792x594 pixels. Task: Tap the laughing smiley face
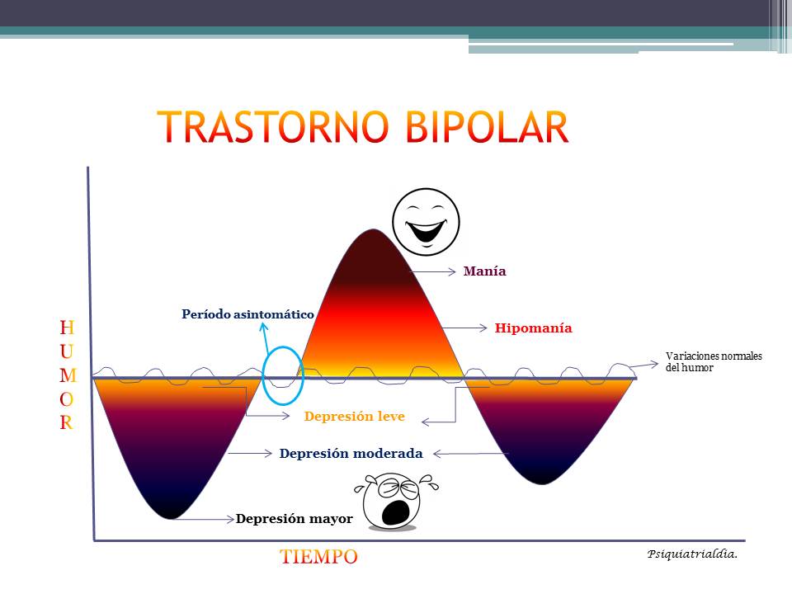coord(426,221)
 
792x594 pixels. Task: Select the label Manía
coord(484,271)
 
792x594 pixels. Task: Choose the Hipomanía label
coord(533,328)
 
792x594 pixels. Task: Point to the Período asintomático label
coord(247,314)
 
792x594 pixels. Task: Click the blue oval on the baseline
coord(283,376)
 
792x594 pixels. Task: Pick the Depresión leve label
coord(354,417)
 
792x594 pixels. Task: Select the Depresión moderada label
coord(351,454)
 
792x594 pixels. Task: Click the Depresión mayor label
coord(294,519)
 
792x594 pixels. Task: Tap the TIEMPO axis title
coord(318,557)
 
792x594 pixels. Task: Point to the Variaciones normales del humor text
coord(714,362)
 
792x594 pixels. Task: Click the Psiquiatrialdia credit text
coord(691,554)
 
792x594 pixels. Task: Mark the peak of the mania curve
coord(373,230)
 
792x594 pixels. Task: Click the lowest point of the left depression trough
coord(169,517)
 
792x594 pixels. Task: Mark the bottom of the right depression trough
coord(542,483)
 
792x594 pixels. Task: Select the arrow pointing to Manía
coord(432,271)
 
